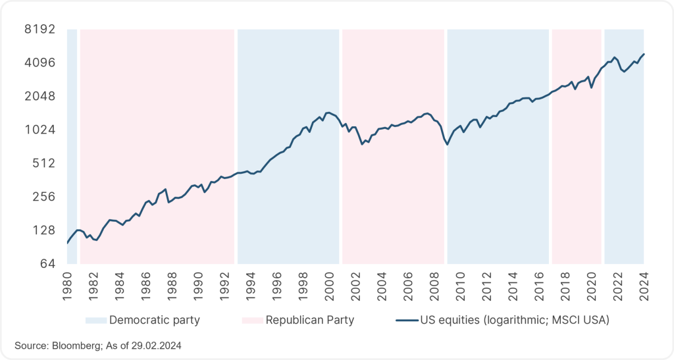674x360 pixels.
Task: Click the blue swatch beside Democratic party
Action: [x=95, y=321]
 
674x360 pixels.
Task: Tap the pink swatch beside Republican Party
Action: [x=251, y=321]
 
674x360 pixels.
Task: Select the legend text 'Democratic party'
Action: [x=155, y=321]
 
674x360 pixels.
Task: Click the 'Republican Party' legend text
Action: [x=310, y=321]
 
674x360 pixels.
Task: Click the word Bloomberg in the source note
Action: [x=71, y=346]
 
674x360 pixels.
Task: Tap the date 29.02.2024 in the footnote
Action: [x=158, y=346]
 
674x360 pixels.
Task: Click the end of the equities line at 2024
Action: [x=644, y=54]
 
